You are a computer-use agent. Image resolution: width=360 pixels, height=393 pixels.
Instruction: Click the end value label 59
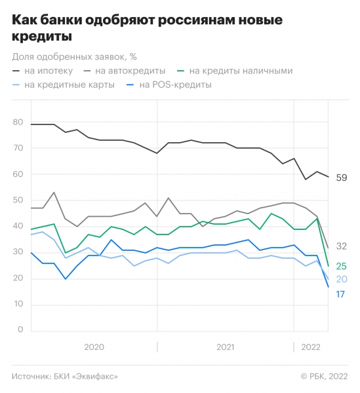[x=341, y=178]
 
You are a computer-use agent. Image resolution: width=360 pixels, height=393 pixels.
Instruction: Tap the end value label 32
[x=341, y=246]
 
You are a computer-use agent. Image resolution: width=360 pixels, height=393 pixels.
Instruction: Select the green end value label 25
[x=341, y=266]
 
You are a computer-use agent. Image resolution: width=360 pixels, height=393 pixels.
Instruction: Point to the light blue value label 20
[x=341, y=280]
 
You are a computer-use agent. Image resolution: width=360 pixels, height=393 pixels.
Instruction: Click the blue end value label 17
[x=341, y=295]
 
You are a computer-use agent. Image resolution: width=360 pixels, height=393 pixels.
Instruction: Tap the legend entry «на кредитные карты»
[x=69, y=85]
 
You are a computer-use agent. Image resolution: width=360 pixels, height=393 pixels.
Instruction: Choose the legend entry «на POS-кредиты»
[x=174, y=85]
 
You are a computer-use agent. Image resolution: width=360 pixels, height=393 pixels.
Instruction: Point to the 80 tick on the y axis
[x=18, y=122]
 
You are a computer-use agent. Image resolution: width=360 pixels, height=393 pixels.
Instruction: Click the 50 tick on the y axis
[x=18, y=200]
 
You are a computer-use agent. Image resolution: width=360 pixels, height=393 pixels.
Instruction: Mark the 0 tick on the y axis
[x=20, y=330]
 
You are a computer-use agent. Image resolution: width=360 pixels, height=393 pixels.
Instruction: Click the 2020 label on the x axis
[x=94, y=348]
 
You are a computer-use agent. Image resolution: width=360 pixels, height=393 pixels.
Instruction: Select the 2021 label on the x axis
[x=225, y=348]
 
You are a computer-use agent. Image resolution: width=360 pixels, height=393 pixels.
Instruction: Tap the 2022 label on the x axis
[x=311, y=348]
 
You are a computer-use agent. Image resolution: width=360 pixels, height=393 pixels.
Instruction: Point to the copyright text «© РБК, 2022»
[x=324, y=376]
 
